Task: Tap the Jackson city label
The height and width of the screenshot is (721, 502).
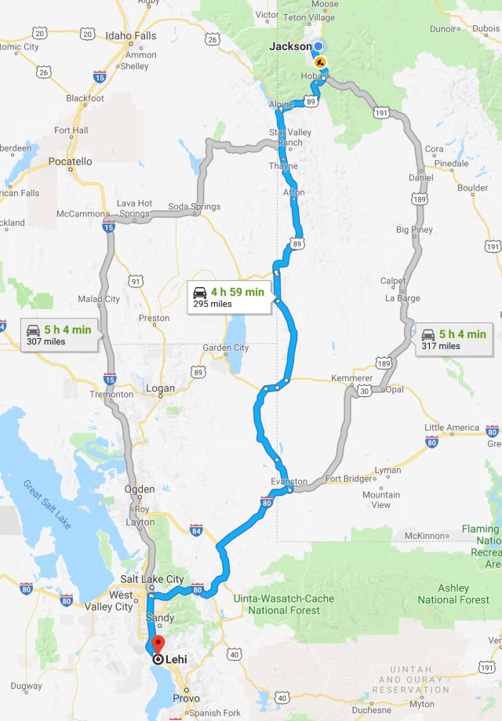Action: click(289, 46)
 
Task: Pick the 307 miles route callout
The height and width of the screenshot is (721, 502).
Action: click(57, 335)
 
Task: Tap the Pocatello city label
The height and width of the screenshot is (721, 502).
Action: click(71, 161)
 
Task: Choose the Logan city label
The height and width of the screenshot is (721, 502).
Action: click(161, 388)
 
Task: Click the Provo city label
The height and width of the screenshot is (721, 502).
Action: click(186, 697)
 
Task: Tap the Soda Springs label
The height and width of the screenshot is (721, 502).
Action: click(195, 207)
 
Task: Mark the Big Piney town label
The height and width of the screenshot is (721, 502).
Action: click(414, 230)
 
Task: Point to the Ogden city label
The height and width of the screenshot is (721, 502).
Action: click(140, 490)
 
